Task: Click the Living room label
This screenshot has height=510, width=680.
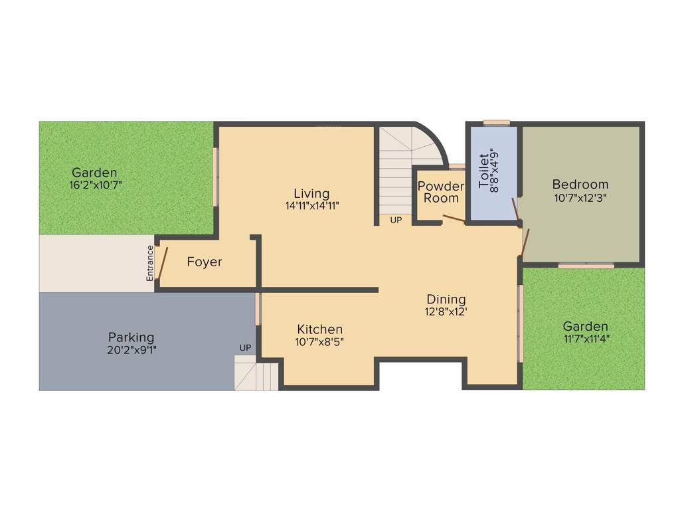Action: coord(312,194)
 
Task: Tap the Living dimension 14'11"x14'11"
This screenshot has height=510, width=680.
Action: coord(312,206)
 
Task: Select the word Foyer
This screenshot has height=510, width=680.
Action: coord(205,262)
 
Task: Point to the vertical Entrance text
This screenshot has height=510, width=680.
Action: coord(150,262)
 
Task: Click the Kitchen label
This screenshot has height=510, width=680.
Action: coord(319,329)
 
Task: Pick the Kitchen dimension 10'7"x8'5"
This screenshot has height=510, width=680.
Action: coord(319,341)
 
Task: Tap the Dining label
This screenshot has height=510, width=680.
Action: coord(446,299)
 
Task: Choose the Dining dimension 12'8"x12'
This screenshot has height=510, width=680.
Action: coord(446,311)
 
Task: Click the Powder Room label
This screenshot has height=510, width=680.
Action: coord(441,192)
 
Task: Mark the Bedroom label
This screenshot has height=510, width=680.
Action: coord(580,185)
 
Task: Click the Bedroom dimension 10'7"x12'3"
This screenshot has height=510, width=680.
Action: coord(580,197)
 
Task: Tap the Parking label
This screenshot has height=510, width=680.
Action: coord(131,337)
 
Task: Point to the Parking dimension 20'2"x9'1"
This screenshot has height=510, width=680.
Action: coord(131,349)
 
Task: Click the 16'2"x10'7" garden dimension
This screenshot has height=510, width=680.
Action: coord(95,185)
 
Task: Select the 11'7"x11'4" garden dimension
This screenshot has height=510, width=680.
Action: coord(585,339)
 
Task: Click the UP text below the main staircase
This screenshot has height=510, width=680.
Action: coord(396,220)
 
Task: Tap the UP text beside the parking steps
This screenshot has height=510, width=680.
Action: coord(246,348)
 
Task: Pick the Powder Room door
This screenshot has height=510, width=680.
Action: coord(454,219)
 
